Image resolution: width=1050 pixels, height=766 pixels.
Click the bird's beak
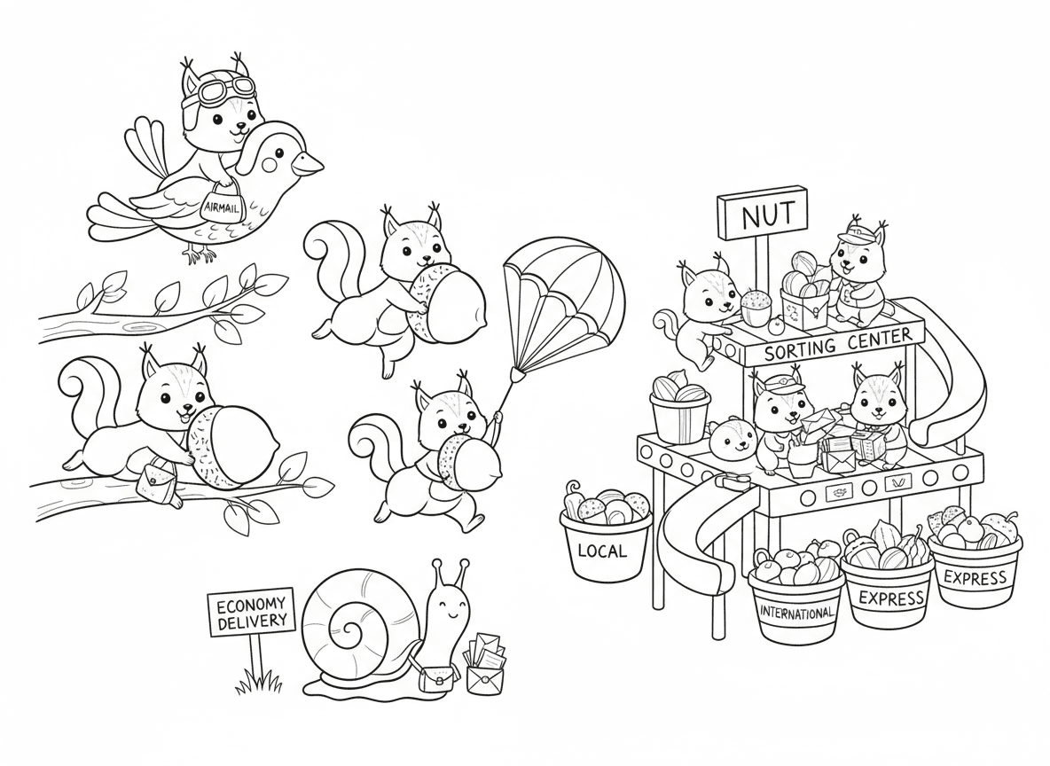point(310,164)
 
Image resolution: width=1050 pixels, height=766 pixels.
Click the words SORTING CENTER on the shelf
point(837,343)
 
